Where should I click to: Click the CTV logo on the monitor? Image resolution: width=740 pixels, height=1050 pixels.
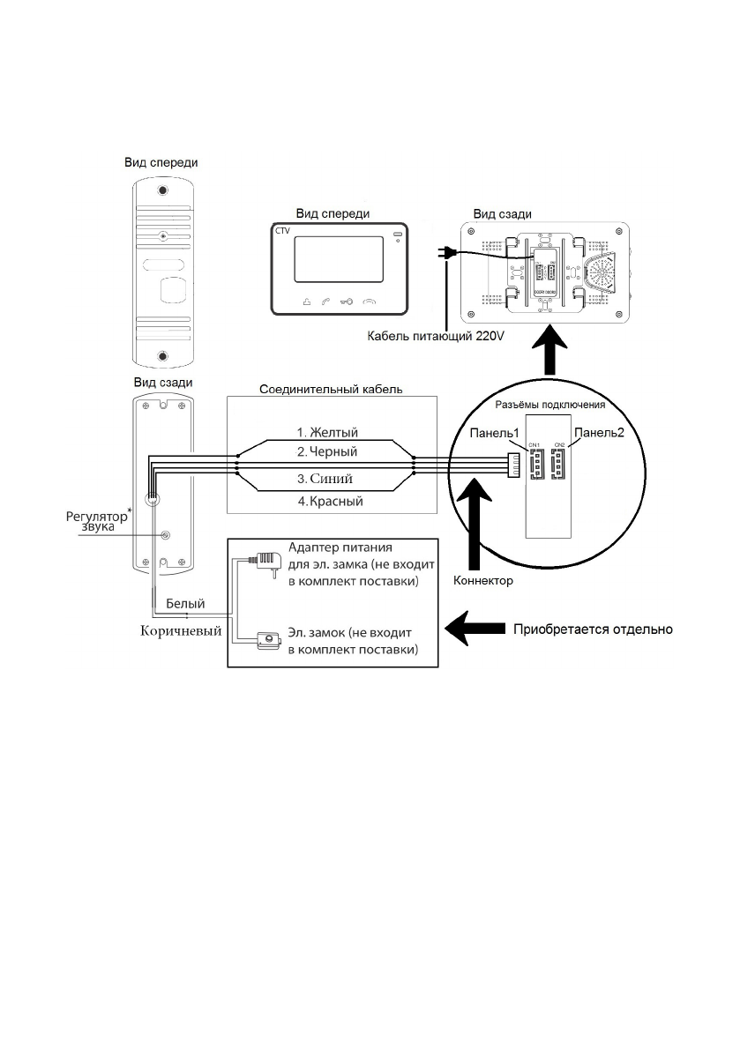[282, 231]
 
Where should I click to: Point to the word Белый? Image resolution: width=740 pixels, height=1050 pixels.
[186, 604]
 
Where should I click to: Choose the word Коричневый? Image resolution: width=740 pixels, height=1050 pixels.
[182, 630]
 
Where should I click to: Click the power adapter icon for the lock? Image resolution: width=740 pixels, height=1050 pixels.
[262, 559]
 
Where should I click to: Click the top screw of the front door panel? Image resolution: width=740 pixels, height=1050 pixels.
[162, 191]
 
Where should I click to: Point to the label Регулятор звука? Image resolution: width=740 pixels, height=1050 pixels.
[94, 521]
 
